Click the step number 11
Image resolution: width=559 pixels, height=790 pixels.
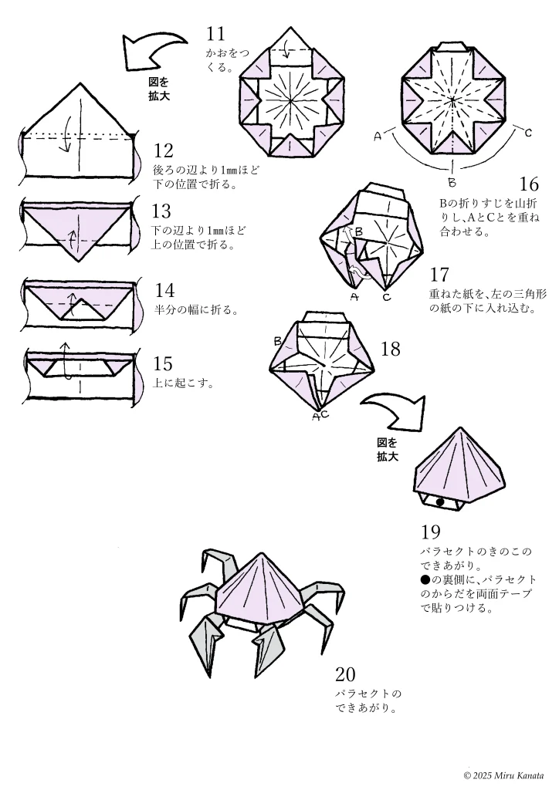(x=215, y=33)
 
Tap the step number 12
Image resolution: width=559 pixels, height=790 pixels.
(x=163, y=150)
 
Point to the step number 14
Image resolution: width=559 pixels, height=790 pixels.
(x=164, y=291)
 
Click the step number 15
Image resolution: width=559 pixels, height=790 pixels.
(x=163, y=363)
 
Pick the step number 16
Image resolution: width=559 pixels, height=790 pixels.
(x=529, y=184)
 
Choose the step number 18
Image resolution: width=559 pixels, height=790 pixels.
(x=391, y=349)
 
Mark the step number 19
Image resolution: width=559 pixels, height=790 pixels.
(x=431, y=532)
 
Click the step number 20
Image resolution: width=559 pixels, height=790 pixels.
(x=345, y=674)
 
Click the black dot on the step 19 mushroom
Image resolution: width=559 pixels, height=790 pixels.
(x=439, y=502)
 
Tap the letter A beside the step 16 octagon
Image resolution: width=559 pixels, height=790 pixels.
(x=378, y=137)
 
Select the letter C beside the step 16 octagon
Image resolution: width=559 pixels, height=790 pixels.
(x=528, y=133)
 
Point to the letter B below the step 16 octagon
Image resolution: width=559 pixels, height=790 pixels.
(x=452, y=183)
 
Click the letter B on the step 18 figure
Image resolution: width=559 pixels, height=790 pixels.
(x=277, y=341)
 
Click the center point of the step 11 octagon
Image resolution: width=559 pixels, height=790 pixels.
(x=292, y=100)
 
